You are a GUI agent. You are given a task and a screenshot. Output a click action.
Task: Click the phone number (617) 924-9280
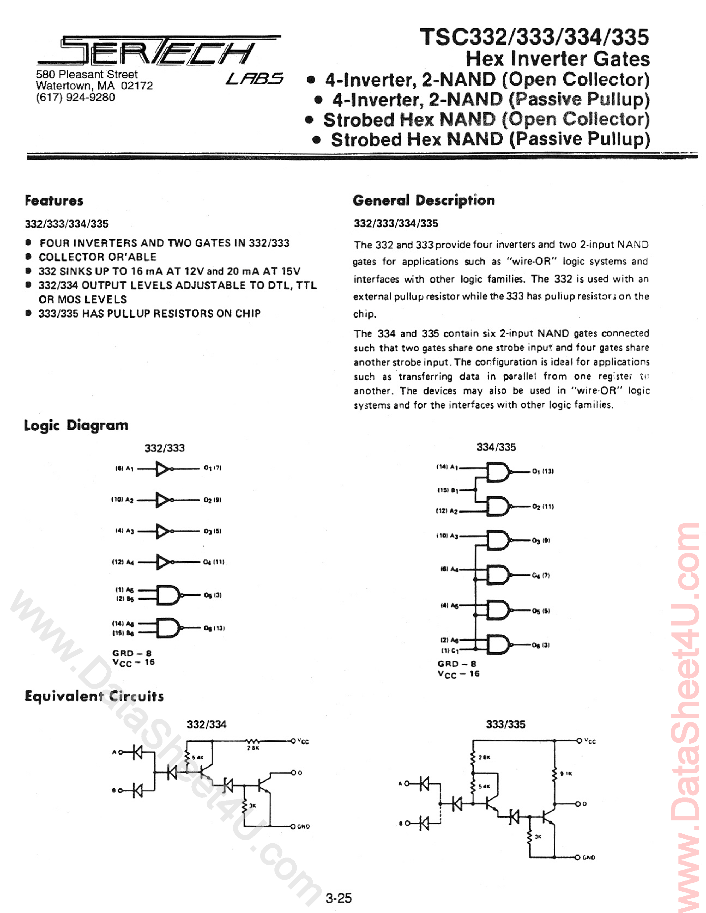75,97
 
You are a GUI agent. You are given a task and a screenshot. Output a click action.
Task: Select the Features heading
54,201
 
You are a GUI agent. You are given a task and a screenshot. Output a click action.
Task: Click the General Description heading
423,200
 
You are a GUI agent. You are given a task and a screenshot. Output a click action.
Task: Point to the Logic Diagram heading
76,425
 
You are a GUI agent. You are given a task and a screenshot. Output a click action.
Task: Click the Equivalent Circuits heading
94,696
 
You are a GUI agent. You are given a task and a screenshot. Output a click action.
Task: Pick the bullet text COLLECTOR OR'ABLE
97,257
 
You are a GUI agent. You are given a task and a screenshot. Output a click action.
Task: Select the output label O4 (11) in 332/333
214,562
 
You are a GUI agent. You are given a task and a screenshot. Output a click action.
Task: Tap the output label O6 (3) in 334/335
541,645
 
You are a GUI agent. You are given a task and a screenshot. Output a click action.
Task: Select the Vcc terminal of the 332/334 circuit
294,741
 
